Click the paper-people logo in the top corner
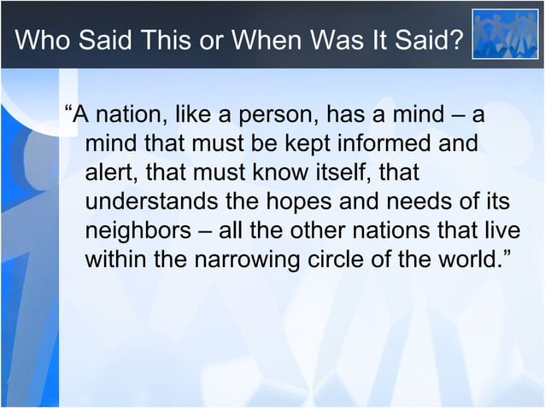tap(506, 34)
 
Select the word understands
tap(156, 201)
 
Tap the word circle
tap(354, 259)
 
